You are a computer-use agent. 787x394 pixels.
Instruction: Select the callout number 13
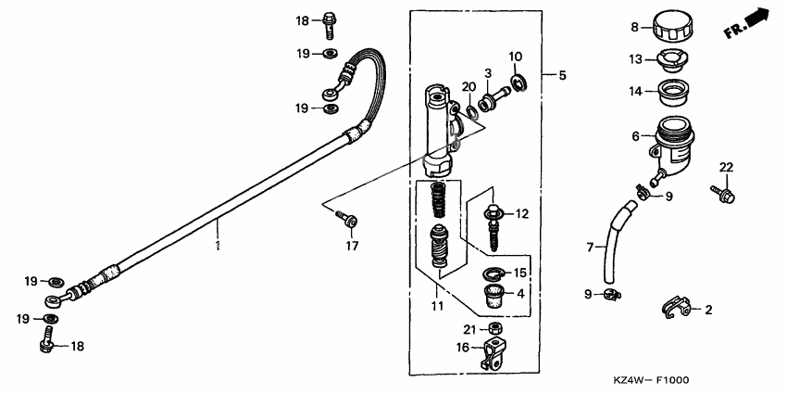[x=636, y=58]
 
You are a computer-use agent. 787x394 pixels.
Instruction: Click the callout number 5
[x=561, y=75]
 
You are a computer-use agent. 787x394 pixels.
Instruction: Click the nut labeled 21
[x=496, y=330]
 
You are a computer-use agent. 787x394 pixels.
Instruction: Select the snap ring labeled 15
[x=495, y=273]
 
